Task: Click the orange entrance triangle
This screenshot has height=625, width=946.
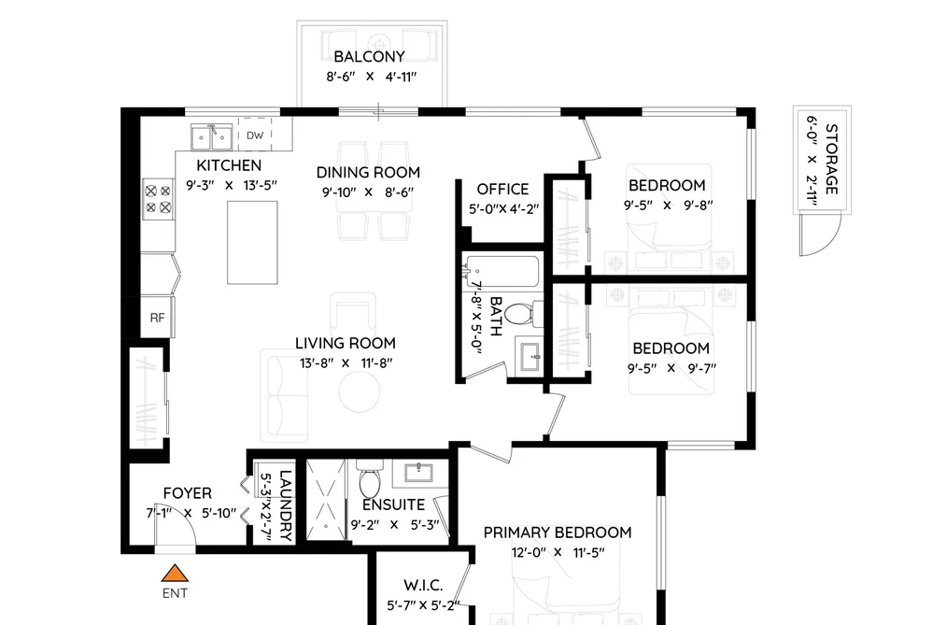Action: (175, 573)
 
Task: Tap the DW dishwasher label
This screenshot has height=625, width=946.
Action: (255, 135)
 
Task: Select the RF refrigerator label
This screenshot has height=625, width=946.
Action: (158, 318)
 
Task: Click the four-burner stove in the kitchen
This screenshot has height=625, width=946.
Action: (158, 199)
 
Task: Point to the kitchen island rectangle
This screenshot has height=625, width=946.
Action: (252, 243)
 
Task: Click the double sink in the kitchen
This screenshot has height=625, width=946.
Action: (211, 137)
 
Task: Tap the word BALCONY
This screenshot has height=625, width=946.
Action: (369, 57)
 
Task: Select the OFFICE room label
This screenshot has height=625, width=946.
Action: (502, 190)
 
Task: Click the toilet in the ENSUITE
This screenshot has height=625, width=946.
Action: (369, 477)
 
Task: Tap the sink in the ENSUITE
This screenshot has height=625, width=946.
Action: (420, 473)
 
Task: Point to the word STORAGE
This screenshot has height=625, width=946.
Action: (832, 159)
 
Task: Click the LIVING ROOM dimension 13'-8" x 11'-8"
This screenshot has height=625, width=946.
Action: (346, 363)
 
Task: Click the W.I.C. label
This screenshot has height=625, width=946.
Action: (424, 585)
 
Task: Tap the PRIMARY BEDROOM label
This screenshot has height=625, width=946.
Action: (558, 533)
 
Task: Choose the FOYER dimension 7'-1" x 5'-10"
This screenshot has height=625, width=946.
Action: (191, 514)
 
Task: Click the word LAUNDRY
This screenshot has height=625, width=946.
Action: (286, 505)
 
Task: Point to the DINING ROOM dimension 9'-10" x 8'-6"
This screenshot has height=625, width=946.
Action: (368, 192)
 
